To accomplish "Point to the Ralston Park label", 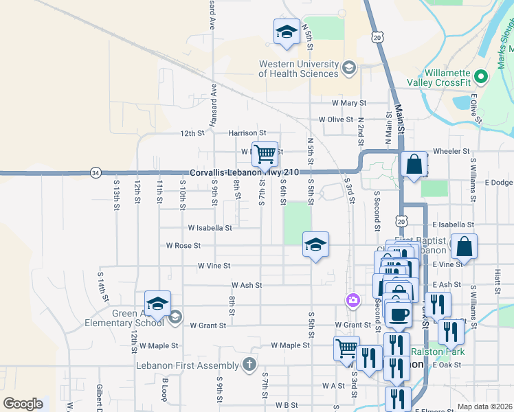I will coord(438,352).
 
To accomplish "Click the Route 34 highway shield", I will coord(96,172).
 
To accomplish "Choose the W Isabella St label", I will coord(210,227).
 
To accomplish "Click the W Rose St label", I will coord(183,245).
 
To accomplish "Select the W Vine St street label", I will coord(214,265).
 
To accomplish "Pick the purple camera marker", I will coord(353,300).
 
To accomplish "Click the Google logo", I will coord(23,404).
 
